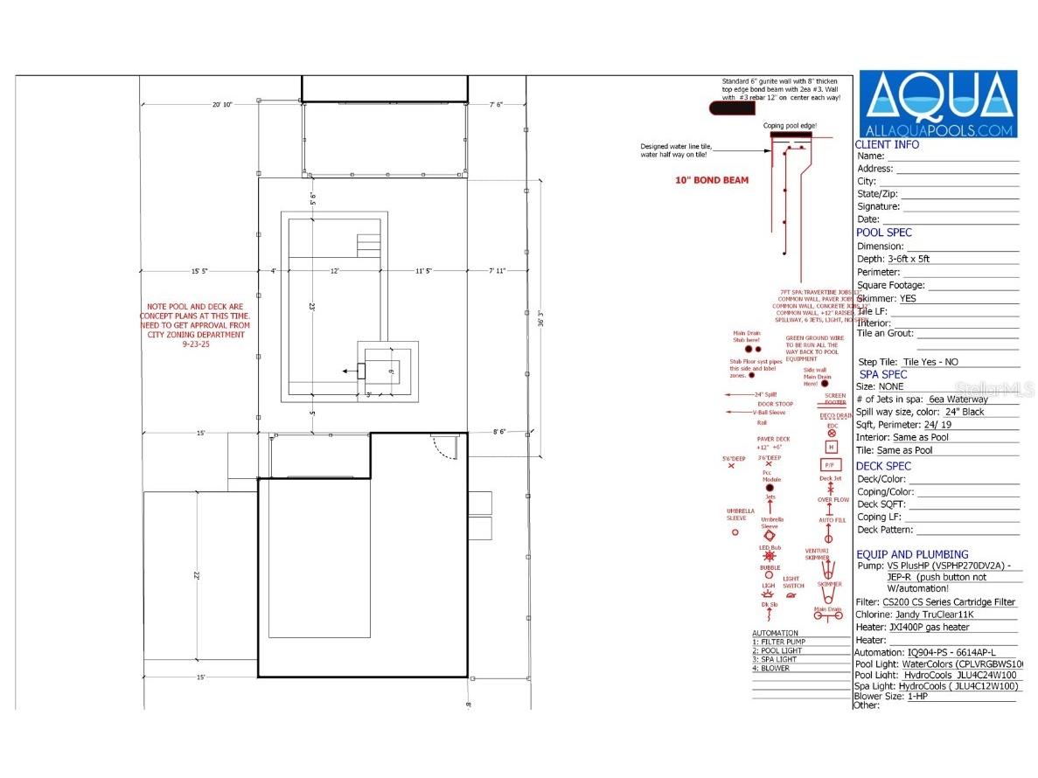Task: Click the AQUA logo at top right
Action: (937, 105)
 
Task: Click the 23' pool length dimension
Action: (311, 307)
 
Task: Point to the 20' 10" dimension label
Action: (222, 105)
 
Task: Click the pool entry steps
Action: (368, 244)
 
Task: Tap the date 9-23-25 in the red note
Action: (197, 344)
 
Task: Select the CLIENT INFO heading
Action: (887, 144)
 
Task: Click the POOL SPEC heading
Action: (883, 233)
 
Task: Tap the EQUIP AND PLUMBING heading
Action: (911, 554)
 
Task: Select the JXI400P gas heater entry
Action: (928, 627)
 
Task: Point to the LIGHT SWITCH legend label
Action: (791, 582)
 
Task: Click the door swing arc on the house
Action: (446, 448)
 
